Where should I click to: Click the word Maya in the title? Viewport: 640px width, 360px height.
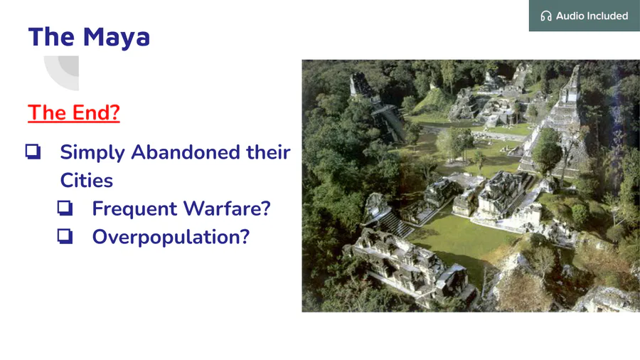point(117,38)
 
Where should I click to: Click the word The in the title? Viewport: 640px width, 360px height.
point(51,37)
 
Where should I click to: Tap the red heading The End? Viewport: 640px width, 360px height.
point(74,112)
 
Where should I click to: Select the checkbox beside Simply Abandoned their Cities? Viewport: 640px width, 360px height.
point(33,152)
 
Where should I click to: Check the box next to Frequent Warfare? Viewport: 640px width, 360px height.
point(65,208)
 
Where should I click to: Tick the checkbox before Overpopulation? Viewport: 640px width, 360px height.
point(65,236)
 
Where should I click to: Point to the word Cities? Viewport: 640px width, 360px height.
point(87,181)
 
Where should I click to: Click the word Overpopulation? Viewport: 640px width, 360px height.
point(171,237)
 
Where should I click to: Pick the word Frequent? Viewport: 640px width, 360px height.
point(134,209)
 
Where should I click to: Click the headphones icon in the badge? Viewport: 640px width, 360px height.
point(545,16)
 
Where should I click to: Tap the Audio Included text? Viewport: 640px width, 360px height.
point(592,16)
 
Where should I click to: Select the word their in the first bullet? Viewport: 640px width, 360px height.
point(268,152)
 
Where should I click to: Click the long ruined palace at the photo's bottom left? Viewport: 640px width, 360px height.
point(408,265)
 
